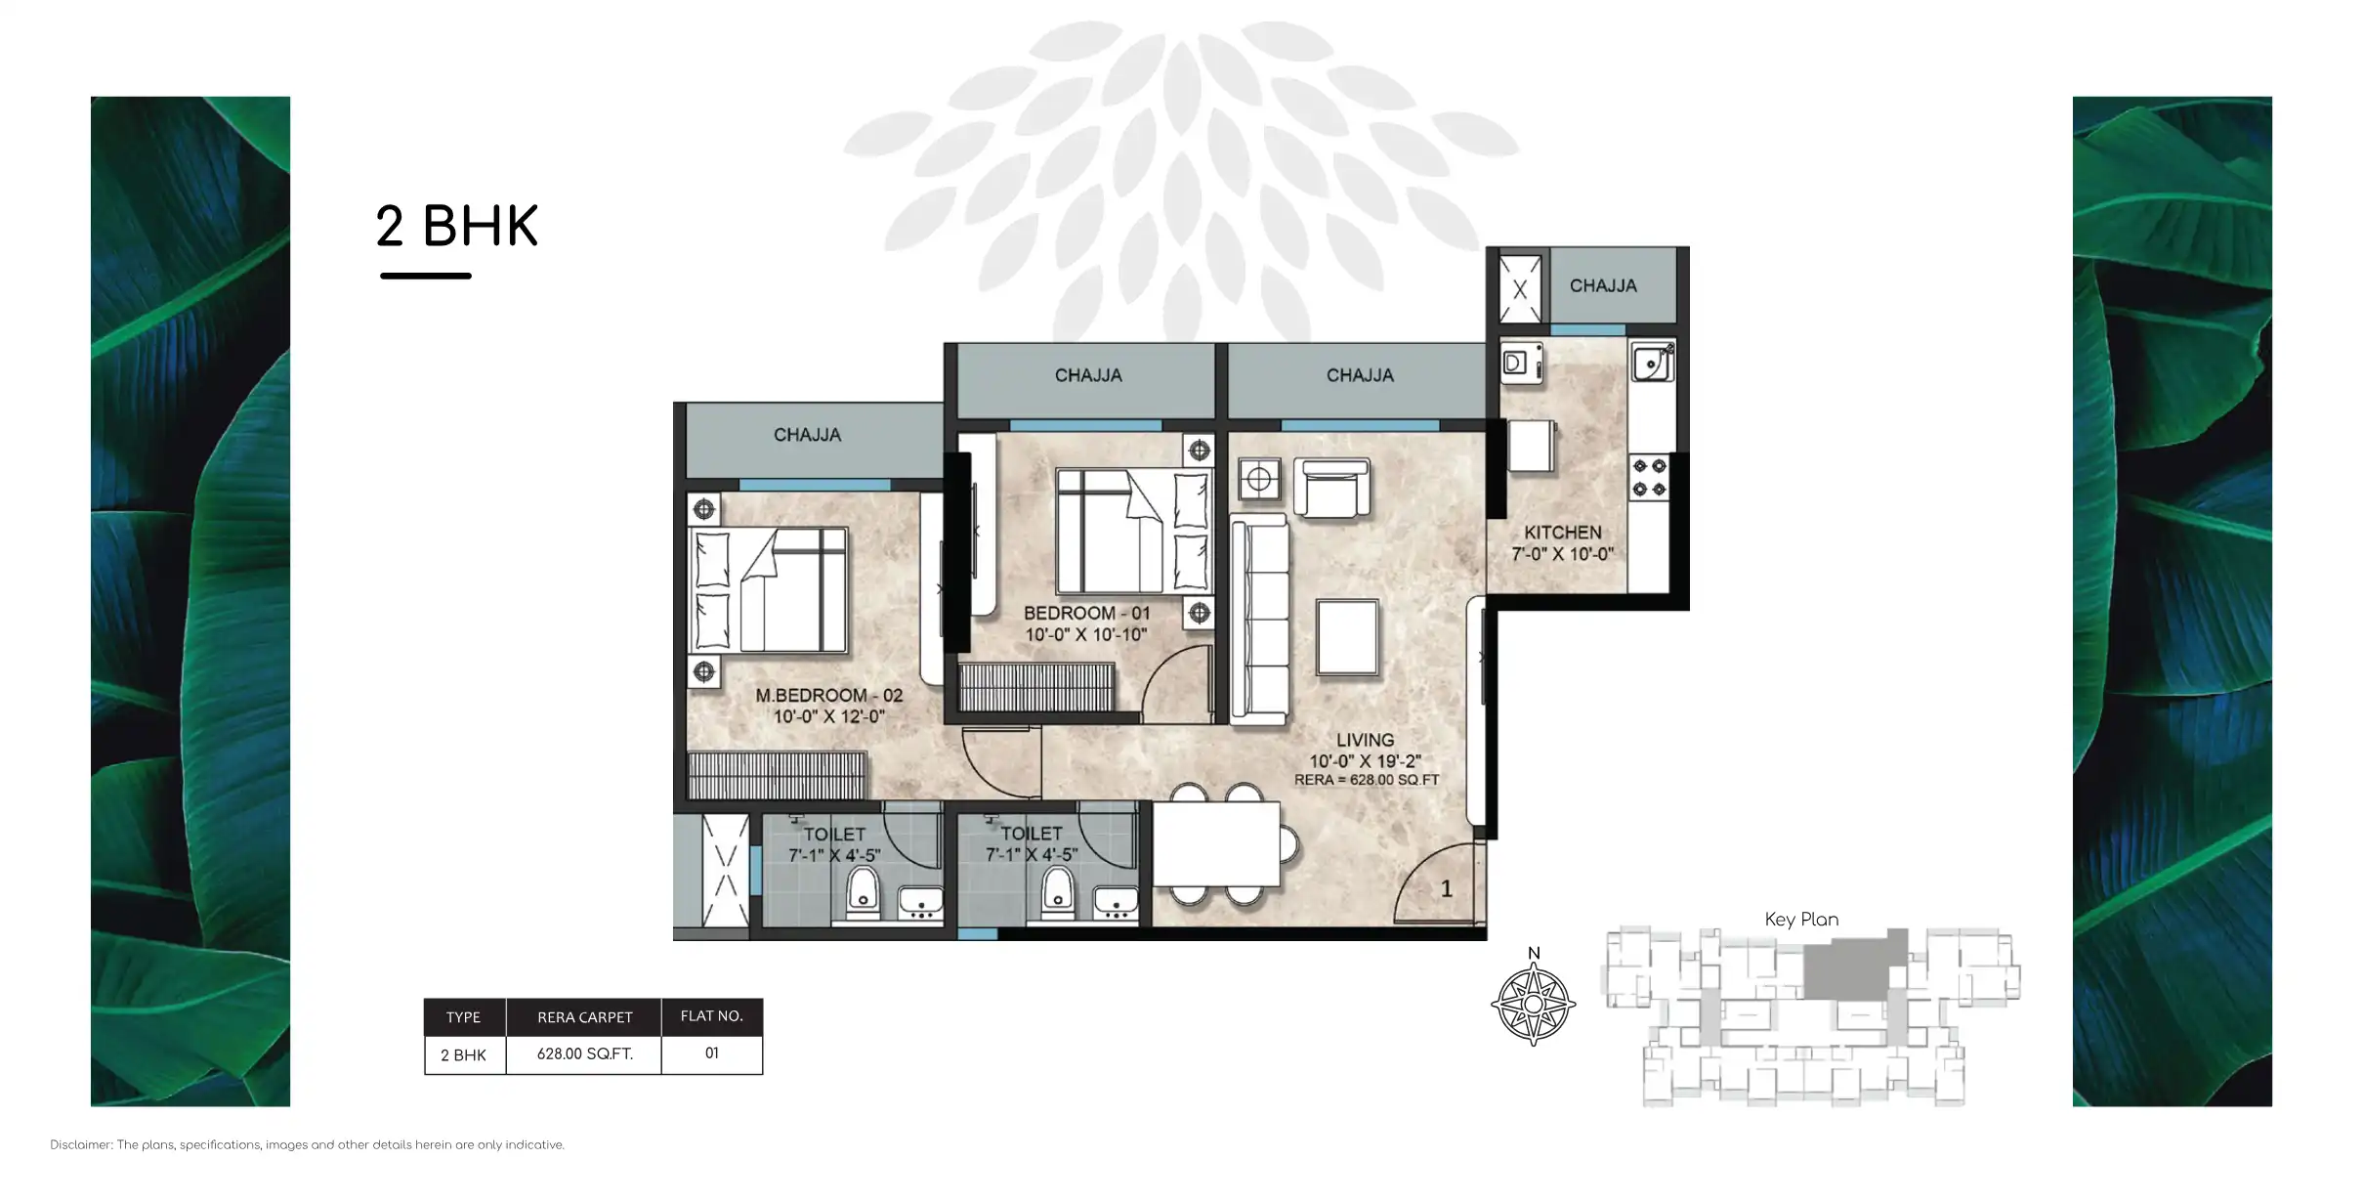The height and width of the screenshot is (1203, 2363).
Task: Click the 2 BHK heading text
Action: pos(456,227)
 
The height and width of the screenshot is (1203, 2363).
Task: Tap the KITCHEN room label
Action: pos(1562,533)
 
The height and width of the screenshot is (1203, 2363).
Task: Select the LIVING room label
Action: pos(1365,741)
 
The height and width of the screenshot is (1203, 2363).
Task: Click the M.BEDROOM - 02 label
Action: pos(828,696)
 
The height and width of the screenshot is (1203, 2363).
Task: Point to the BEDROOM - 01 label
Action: pos(1086,614)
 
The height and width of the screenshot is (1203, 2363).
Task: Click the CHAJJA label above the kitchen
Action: pos(1602,286)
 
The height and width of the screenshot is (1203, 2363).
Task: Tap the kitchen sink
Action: pos(1651,364)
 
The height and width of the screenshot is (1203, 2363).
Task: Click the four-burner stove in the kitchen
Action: pos(1649,478)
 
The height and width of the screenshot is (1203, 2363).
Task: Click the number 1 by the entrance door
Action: pos(1447,889)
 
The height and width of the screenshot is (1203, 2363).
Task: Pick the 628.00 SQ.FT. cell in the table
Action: pos(584,1054)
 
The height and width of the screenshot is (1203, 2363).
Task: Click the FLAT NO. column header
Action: pos(711,1016)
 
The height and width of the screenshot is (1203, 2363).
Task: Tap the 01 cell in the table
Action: pos(711,1053)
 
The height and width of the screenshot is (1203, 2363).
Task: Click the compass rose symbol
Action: pos(1533,1005)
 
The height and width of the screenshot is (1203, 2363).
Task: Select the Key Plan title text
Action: pos(1800,920)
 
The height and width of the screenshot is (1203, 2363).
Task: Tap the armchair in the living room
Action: pos(1330,488)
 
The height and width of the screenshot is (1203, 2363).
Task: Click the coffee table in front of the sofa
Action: pos(1347,637)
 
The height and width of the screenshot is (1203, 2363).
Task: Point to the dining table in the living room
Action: pos(1216,844)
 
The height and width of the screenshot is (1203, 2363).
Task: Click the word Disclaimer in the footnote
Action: pos(81,1145)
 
